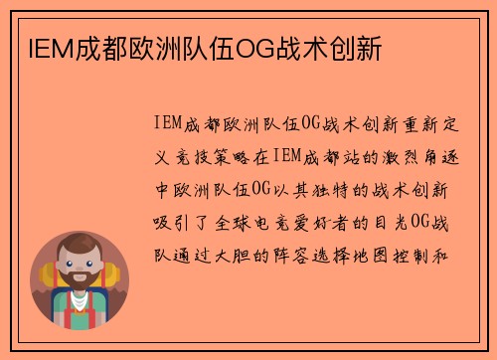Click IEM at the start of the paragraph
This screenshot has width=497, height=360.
(169, 124)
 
